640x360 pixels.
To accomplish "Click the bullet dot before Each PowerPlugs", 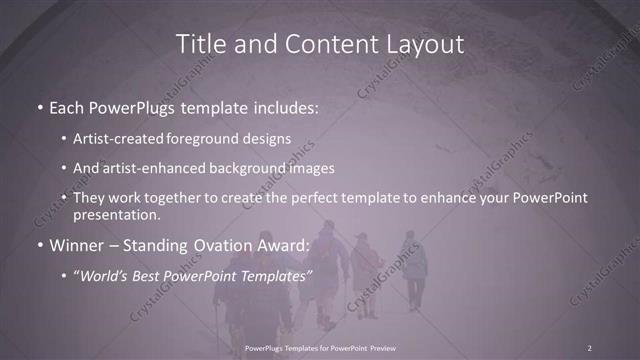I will tap(39, 105).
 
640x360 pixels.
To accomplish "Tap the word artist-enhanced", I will tap(167, 168).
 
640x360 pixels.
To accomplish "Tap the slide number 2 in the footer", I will tap(590, 347).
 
